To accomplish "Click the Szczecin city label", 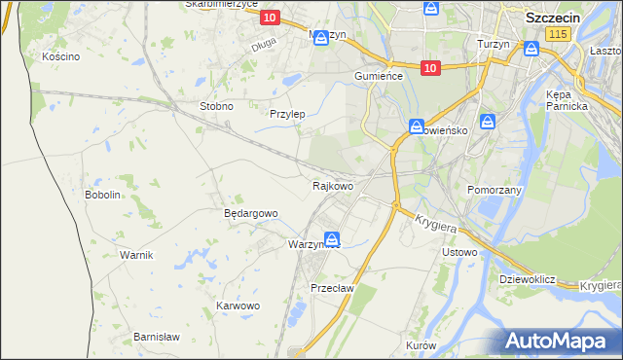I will [554, 18].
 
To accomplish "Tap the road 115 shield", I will [558, 34].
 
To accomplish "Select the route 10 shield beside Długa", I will [271, 18].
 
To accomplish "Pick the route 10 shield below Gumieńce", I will [431, 67].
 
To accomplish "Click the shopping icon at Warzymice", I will [333, 238].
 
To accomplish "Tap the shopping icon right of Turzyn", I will [531, 48].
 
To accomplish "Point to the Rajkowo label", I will [332, 185].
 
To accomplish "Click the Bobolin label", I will [102, 195].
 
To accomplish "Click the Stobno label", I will [216, 106].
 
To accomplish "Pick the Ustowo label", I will [459, 253].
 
